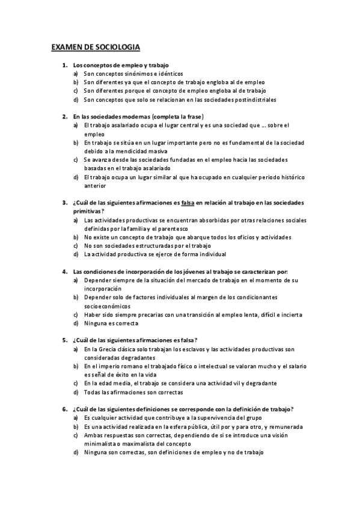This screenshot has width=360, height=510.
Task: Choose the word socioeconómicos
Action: (x=105, y=306)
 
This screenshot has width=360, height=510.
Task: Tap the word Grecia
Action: (x=109, y=349)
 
